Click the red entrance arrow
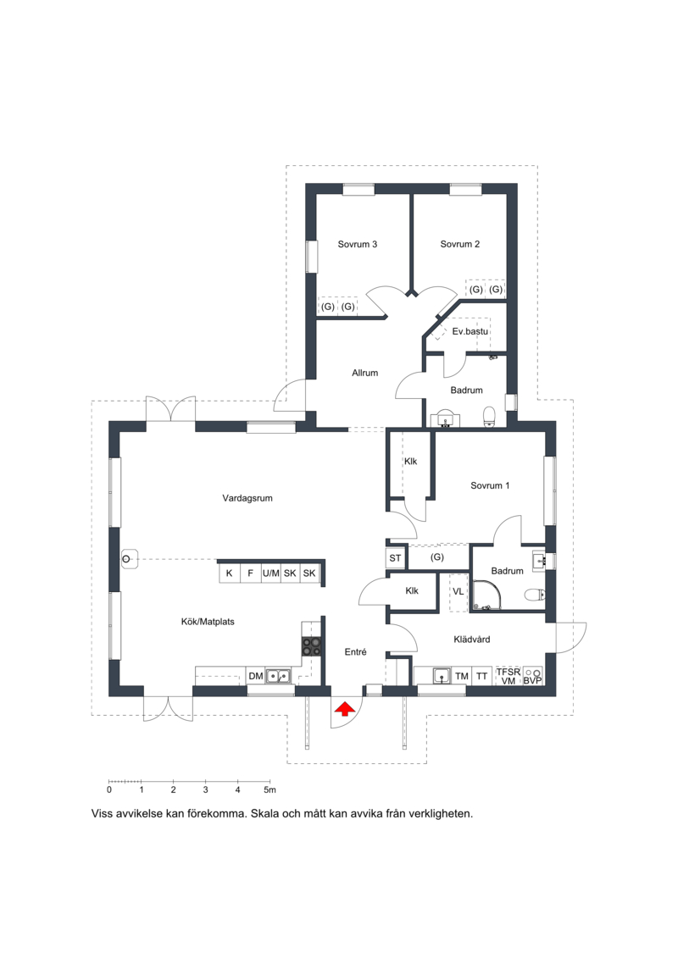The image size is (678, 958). coord(345,709)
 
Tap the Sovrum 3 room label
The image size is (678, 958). coord(357,245)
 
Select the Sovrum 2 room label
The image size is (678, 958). coord(459,245)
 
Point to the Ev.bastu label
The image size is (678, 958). coord(470,331)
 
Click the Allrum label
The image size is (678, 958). coord(365,373)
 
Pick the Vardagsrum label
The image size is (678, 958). coord(247,498)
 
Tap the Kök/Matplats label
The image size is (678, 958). coord(208,622)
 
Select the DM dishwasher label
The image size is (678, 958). coord(256,676)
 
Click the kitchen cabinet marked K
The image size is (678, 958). coord(230,573)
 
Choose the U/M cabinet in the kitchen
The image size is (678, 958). coord(271,573)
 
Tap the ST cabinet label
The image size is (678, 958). coord(395,558)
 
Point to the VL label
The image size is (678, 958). coord(458,591)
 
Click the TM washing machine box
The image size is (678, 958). coord(462,676)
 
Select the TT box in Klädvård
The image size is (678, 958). coord(481,676)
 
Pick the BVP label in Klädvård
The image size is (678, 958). coord(532,681)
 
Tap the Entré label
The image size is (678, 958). coord(355,652)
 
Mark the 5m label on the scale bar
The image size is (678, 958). coord(270,790)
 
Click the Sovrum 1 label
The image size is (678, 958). coord(490,485)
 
